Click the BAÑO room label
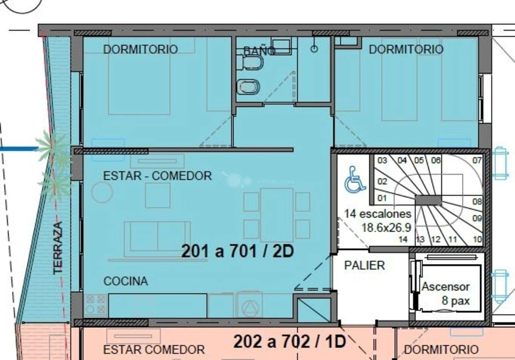[259, 51]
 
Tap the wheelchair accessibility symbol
[355, 179]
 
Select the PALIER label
[364, 265]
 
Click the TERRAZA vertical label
[58, 248]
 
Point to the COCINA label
[126, 281]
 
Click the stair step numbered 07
[477, 160]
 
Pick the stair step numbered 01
[382, 198]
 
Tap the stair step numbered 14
[403, 239]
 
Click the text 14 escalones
[378, 214]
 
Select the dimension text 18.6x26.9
[386, 228]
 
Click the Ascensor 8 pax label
[446, 294]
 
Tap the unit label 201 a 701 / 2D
[237, 251]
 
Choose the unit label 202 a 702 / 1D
[289, 341]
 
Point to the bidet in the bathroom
[248, 87]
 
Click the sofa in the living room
[157, 239]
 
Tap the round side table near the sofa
[102, 192]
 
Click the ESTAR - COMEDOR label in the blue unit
[157, 176]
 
